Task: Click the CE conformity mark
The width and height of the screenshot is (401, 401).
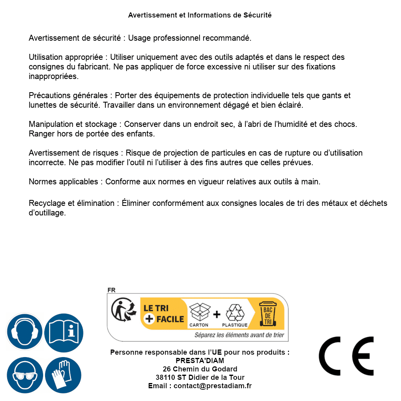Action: (x=346, y=356)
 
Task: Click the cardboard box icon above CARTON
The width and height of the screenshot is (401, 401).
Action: (x=199, y=312)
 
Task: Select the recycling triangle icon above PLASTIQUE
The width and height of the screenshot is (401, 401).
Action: (x=235, y=312)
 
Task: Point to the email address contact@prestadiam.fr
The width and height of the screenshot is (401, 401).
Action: (x=213, y=386)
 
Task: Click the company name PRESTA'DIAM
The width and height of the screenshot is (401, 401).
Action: (x=200, y=361)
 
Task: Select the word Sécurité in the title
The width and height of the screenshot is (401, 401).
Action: (x=257, y=15)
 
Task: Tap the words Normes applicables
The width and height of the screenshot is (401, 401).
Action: (x=63, y=182)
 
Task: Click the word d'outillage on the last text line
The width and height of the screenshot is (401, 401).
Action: (x=47, y=213)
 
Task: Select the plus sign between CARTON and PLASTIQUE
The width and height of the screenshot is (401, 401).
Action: (x=217, y=314)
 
